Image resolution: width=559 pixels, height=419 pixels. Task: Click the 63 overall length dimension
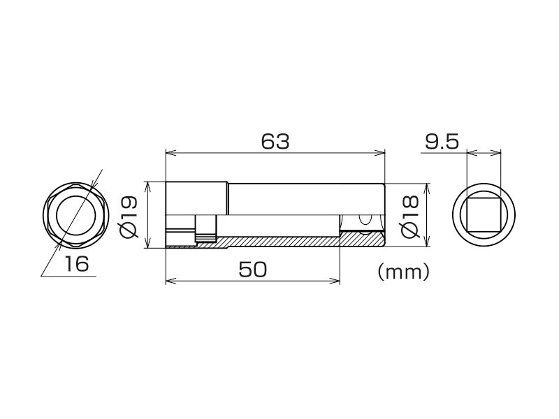click(275, 141)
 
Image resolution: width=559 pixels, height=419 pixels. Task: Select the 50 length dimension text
click(252, 270)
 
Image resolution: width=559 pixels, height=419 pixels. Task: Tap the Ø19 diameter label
click(130, 215)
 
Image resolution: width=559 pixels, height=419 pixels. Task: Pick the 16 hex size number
click(77, 264)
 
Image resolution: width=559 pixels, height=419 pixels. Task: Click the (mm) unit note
click(402, 272)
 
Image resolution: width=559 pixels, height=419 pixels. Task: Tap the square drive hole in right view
click(484, 216)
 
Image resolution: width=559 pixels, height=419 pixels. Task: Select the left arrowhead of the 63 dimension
click(169, 153)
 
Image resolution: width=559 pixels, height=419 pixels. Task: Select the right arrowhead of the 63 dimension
click(381, 153)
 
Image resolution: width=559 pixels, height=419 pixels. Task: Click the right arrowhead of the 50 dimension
click(335, 282)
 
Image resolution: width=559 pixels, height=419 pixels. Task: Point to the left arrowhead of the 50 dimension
click(169, 282)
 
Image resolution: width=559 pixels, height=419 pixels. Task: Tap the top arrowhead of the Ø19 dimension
click(147, 185)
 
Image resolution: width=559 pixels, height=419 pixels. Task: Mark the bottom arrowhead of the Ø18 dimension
click(427, 241)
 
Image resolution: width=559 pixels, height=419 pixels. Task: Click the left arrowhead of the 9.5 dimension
click(470, 153)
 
